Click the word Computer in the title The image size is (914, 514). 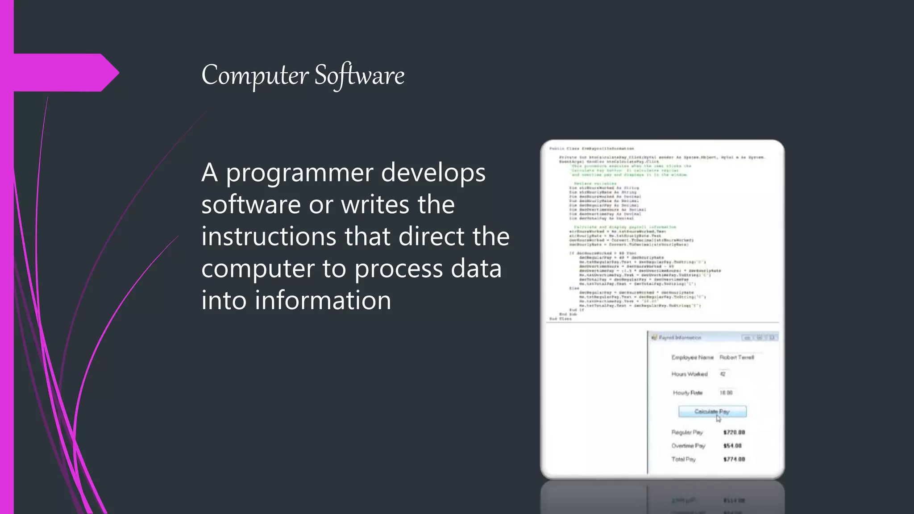tap(255, 75)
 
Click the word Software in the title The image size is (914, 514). tap(359, 75)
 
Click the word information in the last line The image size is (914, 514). tap(323, 300)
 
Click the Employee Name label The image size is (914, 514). tap(692, 357)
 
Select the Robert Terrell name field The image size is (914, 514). tap(736, 357)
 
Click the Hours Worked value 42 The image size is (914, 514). tap(723, 374)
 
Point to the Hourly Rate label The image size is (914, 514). tap(688, 393)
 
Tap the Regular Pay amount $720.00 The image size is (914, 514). tap(734, 432)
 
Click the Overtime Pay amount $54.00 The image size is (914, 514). tap(732, 446)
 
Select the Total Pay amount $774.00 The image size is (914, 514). tap(734, 459)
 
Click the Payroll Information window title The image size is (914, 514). tap(680, 338)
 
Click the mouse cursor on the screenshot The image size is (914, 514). tap(718, 418)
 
